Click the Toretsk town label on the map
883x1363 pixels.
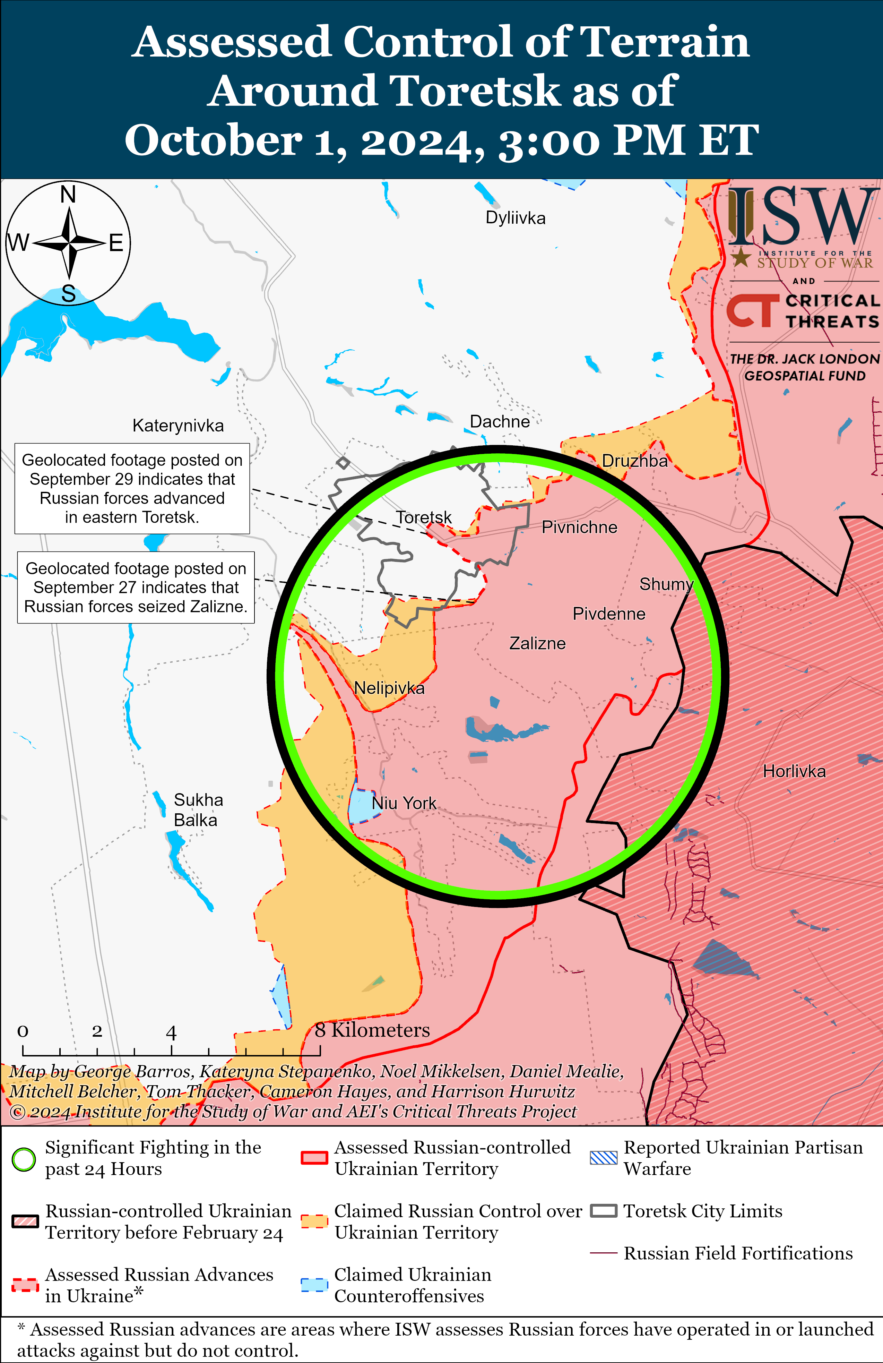tap(424, 517)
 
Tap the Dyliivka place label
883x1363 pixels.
tap(516, 217)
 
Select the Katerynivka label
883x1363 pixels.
tap(178, 426)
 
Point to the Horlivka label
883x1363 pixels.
tap(794, 771)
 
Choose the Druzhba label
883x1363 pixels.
tap(634, 461)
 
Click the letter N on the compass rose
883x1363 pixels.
tap(68, 195)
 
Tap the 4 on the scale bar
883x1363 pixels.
tap(171, 1032)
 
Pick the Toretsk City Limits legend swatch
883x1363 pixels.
tap(604, 1211)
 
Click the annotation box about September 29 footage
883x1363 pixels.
tap(132, 489)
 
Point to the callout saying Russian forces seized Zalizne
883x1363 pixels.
tap(136, 587)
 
